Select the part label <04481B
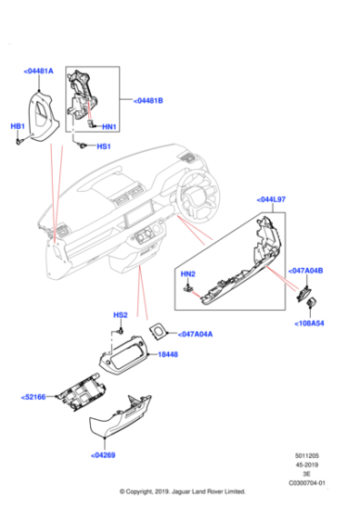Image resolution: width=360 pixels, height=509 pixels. click(147, 100)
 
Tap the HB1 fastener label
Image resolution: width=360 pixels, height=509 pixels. click(17, 126)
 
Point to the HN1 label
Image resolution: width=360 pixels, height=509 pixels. click(109, 126)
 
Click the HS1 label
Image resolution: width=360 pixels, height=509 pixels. click(104, 146)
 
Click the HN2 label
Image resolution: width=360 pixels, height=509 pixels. click(187, 274)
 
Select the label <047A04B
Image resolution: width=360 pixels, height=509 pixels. click(307, 271)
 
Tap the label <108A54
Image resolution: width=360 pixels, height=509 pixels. click(307, 323)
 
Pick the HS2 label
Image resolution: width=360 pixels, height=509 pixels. click(119, 315)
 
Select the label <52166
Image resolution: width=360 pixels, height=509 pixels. click(35, 397)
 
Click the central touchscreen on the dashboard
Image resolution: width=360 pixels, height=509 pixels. click(137, 218)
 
